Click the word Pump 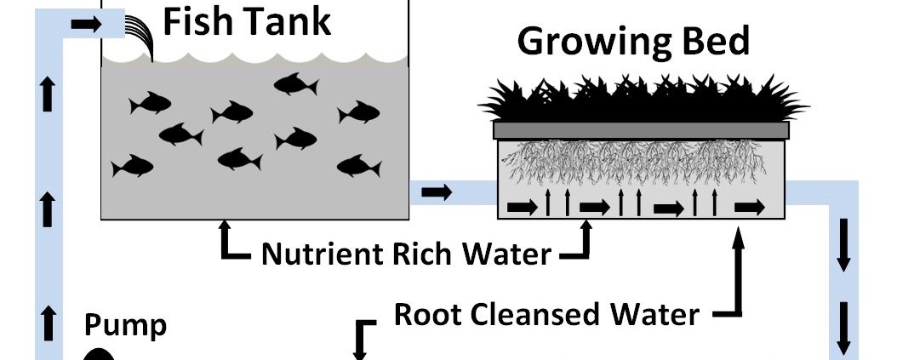[x=125, y=324]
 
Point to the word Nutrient [x=329, y=253]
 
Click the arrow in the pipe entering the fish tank [x=85, y=25]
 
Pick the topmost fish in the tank [x=295, y=83]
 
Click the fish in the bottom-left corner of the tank [x=132, y=166]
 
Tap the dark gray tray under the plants [x=641, y=130]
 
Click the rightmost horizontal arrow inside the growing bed [x=749, y=207]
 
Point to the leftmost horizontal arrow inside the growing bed [x=522, y=207]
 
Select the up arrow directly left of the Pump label [x=49, y=324]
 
